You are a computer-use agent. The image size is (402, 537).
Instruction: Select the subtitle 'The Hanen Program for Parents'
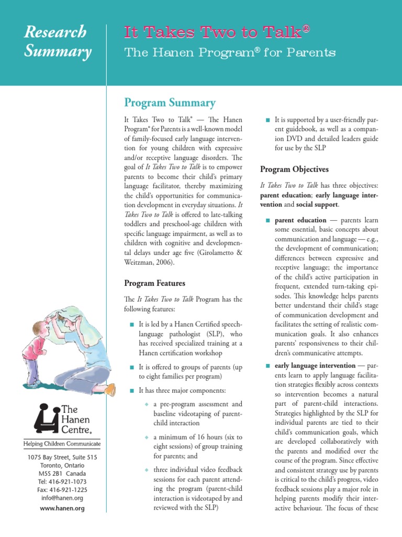(x=229, y=53)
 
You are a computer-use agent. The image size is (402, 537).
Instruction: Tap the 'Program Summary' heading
(x=170, y=103)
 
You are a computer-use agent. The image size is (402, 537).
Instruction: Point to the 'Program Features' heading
(x=154, y=283)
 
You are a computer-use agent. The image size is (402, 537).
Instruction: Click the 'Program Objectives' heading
(x=294, y=169)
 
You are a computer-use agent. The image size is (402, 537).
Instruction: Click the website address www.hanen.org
(x=62, y=508)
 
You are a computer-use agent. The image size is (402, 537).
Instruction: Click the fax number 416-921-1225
(x=62, y=490)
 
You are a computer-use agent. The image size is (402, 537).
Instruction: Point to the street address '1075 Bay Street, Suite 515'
(x=62, y=457)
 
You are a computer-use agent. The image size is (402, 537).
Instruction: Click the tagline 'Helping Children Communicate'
(x=62, y=444)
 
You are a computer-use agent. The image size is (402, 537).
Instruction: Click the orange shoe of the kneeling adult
(x=110, y=390)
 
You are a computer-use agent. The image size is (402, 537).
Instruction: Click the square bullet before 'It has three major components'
(x=131, y=391)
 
